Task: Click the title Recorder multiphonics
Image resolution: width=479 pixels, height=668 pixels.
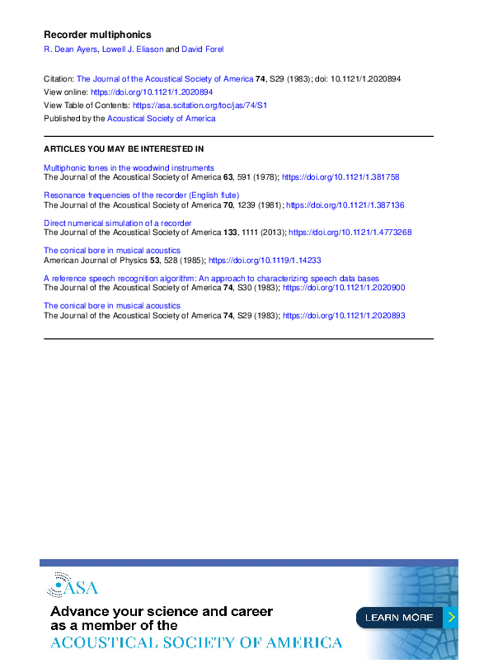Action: coord(97,35)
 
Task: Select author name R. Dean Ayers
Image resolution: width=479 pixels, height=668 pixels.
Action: coord(69,49)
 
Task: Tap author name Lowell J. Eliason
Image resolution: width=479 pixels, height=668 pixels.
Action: coord(133,49)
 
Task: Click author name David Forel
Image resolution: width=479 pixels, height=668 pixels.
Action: coord(203,49)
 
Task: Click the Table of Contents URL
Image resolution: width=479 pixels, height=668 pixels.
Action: coord(200,106)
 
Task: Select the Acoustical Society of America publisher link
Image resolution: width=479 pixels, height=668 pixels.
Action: coord(162,119)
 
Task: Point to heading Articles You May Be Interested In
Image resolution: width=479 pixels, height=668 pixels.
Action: coord(124,149)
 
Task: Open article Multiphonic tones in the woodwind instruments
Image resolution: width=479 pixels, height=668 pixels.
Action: coord(129,167)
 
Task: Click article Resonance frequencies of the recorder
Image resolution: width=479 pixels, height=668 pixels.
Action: coord(141,195)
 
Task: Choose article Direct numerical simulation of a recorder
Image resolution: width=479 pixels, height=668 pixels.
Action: coord(118,223)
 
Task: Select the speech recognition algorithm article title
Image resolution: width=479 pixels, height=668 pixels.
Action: coord(211,279)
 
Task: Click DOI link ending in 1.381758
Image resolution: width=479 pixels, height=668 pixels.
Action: coord(340,177)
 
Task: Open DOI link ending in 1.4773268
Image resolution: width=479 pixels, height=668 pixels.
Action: coord(350,233)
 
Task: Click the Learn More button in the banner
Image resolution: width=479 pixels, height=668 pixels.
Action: coord(400,617)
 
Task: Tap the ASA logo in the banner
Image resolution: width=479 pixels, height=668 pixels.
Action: coord(73,586)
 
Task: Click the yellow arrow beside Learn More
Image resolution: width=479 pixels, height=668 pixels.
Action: coord(451,617)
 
